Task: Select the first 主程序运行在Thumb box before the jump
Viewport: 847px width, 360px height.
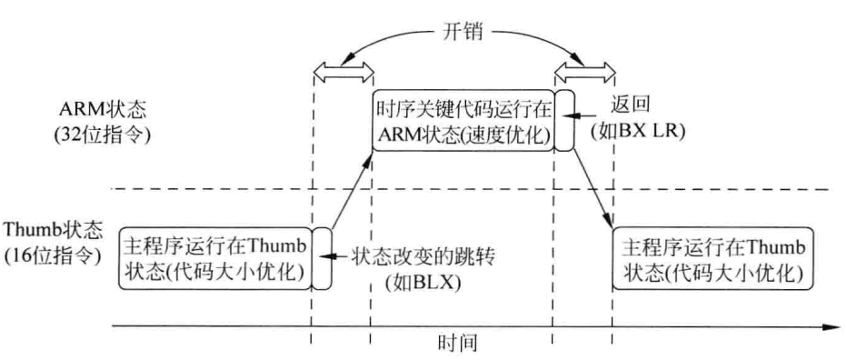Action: coord(214,259)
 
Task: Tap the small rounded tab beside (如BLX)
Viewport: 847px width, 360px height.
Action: coord(320,259)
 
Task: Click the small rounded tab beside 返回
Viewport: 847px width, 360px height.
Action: coord(565,118)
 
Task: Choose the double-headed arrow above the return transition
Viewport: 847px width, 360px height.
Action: coord(583,69)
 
